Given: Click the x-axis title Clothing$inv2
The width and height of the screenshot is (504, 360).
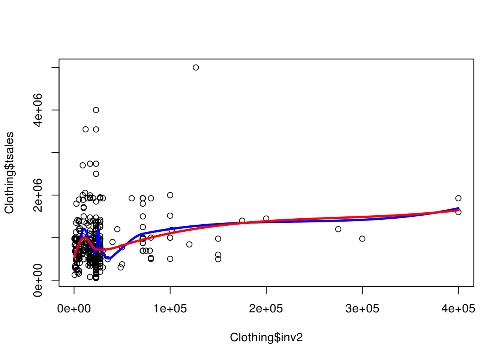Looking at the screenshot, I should click(x=266, y=337).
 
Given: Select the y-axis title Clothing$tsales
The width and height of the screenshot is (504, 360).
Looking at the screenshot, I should click(x=9, y=173).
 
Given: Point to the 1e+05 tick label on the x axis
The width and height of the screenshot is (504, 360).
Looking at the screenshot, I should click(x=170, y=309).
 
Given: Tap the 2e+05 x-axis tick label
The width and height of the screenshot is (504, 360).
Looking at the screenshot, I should click(x=266, y=309).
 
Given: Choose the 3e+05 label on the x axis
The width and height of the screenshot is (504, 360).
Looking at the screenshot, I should click(x=362, y=309).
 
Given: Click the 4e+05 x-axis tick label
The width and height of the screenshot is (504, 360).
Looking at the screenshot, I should click(x=458, y=309).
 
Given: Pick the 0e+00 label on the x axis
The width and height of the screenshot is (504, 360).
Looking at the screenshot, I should click(x=74, y=309).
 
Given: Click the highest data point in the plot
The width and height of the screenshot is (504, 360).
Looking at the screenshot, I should click(x=196, y=67).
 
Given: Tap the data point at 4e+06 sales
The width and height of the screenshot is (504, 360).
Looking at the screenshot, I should click(x=96, y=110).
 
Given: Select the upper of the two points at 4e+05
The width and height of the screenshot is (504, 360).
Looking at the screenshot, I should click(x=458, y=198).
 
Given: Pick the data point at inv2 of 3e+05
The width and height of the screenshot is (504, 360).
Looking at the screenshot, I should click(x=362, y=239).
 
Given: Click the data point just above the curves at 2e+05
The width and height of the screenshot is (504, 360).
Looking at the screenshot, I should click(x=266, y=218).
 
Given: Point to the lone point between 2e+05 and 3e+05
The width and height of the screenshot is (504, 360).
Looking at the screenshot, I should click(x=338, y=229).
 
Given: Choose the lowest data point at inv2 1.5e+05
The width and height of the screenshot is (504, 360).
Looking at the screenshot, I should click(x=218, y=259).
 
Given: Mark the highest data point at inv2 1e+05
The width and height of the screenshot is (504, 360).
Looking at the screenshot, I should click(x=170, y=195).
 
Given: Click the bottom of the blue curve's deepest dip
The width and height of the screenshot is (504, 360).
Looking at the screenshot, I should click(x=108, y=258).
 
